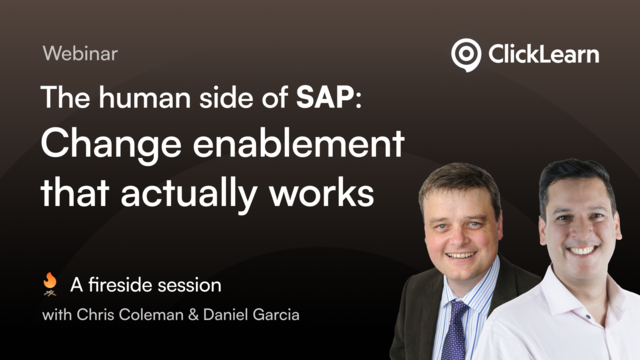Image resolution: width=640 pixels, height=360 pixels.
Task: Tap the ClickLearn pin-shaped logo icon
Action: (465, 54)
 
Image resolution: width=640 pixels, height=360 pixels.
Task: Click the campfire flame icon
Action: (50, 285)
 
